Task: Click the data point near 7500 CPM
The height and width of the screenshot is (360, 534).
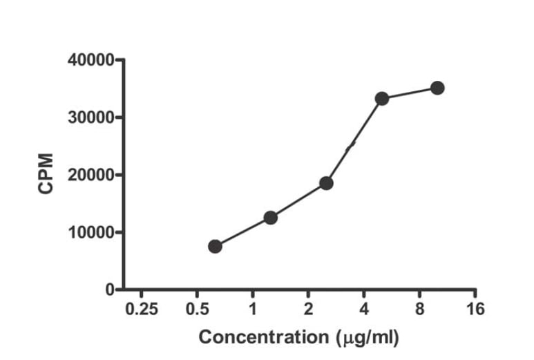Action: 215,247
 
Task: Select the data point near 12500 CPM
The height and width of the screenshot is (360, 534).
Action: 271,218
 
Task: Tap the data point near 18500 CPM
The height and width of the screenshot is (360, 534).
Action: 326,183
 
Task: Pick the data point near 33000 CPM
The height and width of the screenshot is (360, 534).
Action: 382,99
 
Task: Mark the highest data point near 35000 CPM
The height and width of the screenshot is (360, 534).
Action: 437,88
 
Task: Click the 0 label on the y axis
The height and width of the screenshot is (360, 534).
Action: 109,290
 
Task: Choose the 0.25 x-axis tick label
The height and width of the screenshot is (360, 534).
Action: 142,309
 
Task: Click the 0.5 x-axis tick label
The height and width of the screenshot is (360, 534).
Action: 197,309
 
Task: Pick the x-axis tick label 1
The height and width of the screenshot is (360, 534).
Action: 253,309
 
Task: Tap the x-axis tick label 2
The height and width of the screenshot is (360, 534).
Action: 308,309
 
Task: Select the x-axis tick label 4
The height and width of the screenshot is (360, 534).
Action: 364,309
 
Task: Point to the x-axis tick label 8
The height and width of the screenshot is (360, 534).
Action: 419,309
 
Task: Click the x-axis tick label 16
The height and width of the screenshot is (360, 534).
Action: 475,309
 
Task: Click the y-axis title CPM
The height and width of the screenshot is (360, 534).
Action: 46,175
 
